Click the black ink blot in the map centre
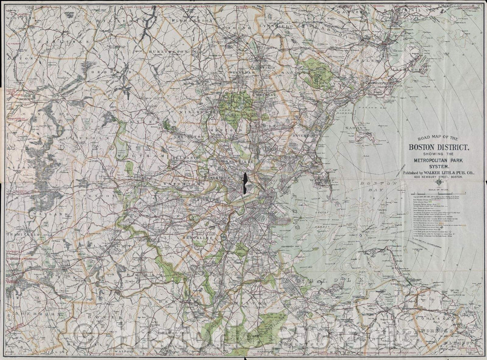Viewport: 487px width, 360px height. [x=245, y=184]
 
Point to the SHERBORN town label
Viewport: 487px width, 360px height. [x=29, y=313]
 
